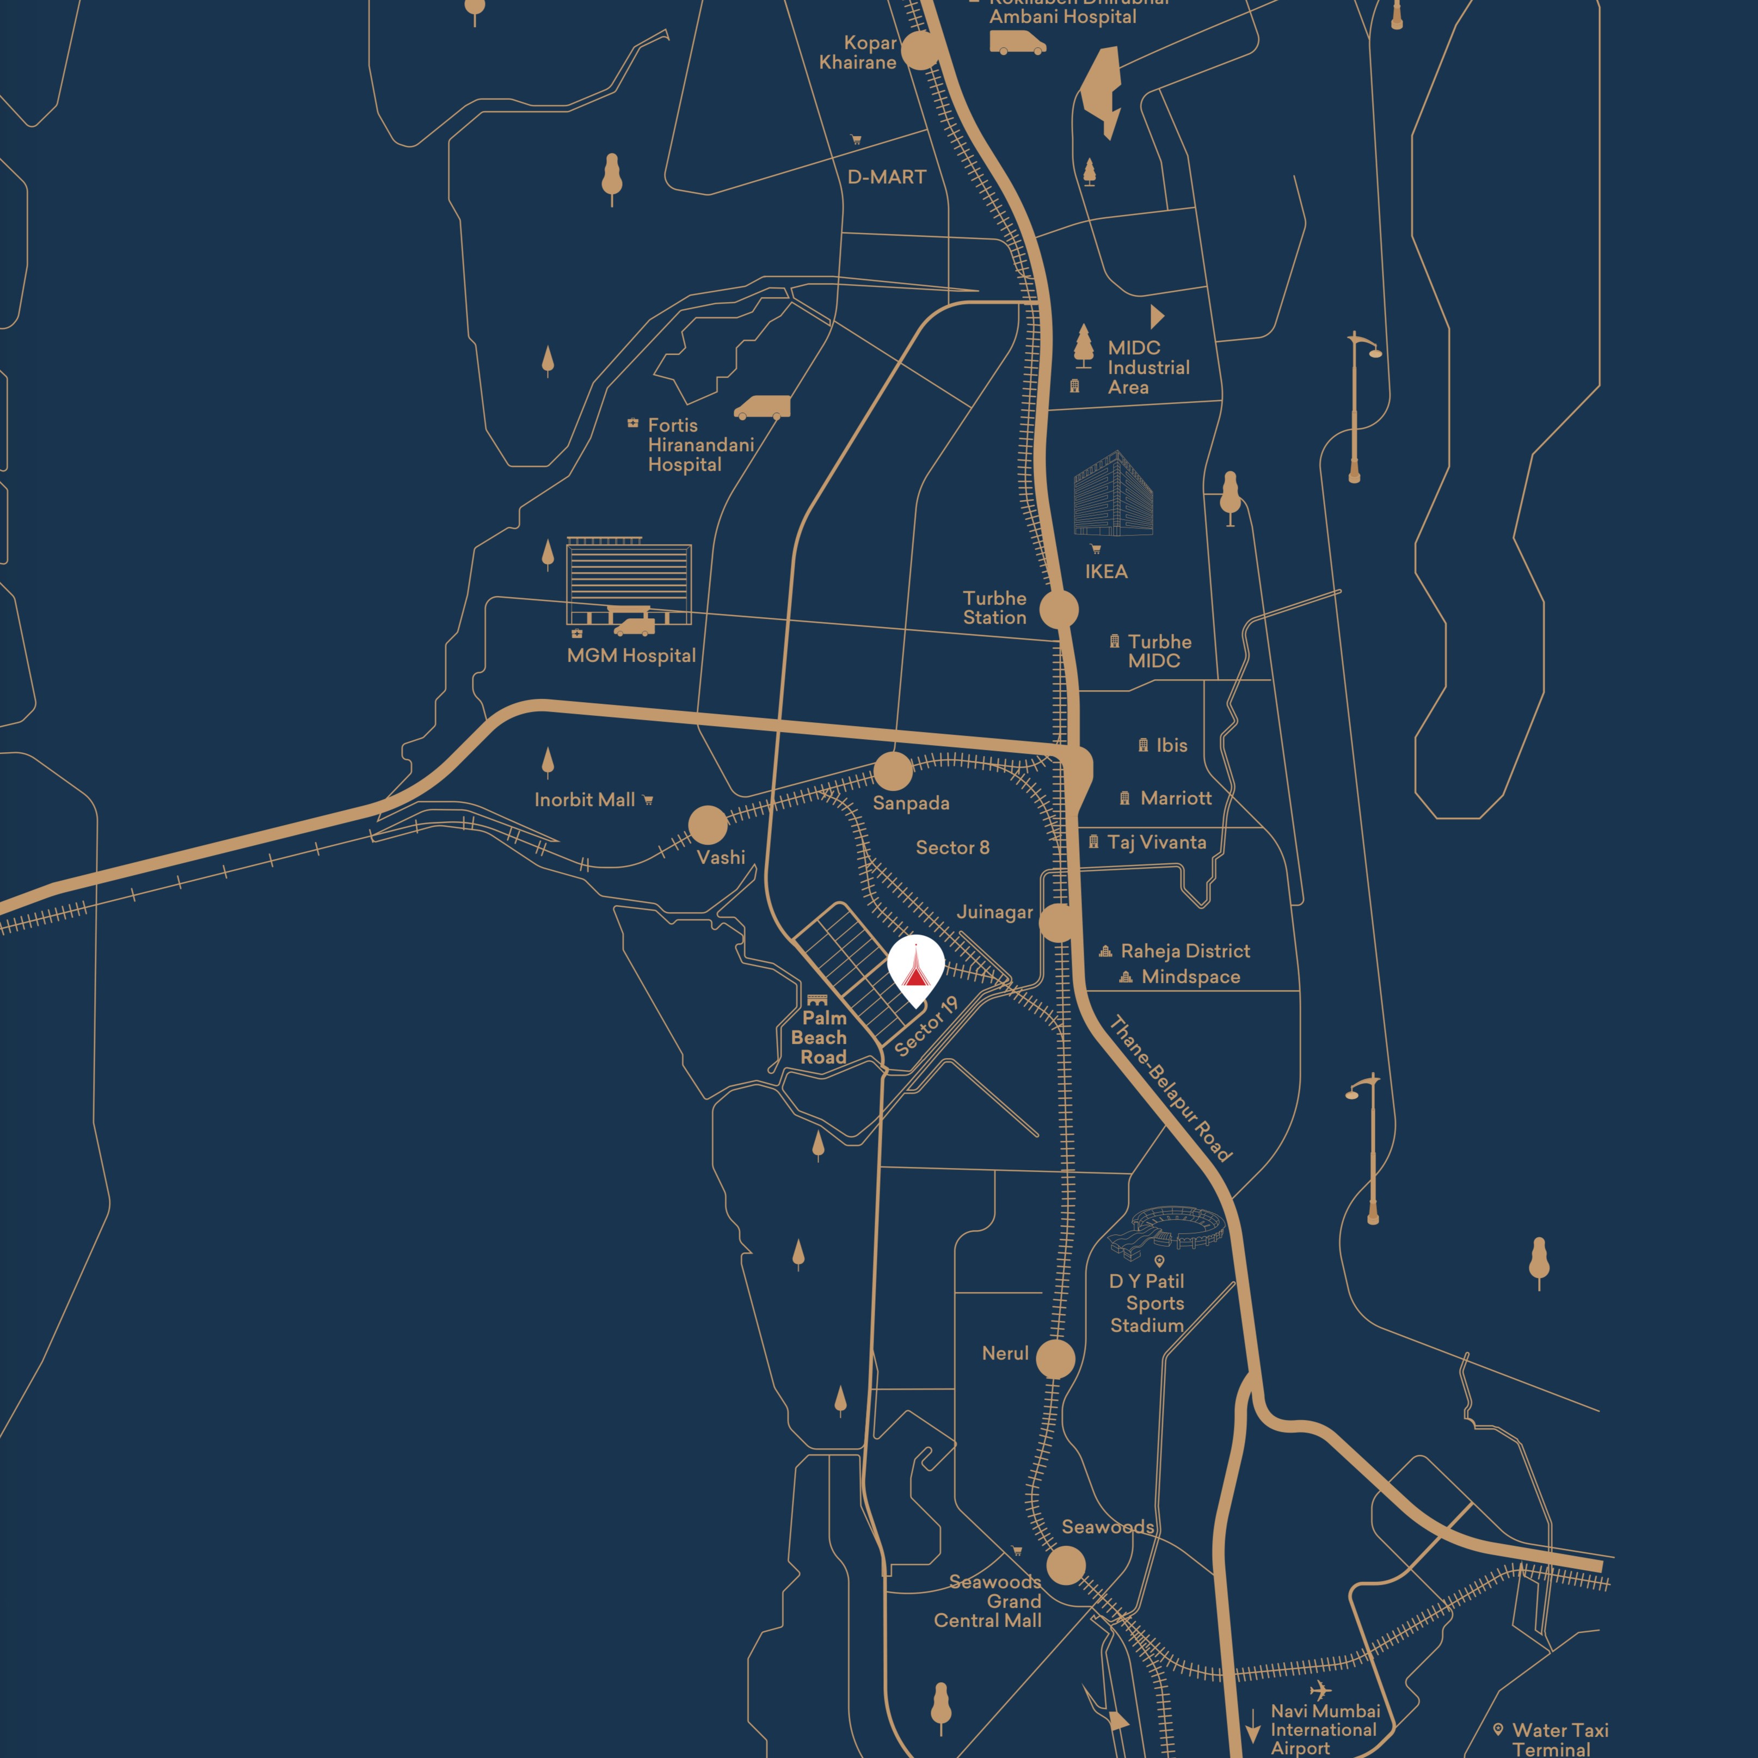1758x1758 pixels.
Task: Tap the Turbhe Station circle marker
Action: (1059, 610)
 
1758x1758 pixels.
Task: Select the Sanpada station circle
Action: (893, 771)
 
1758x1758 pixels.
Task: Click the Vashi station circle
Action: (708, 825)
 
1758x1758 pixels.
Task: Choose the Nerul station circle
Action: (1055, 1360)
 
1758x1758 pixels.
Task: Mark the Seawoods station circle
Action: (1066, 1566)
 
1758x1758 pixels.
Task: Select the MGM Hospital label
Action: (631, 656)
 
